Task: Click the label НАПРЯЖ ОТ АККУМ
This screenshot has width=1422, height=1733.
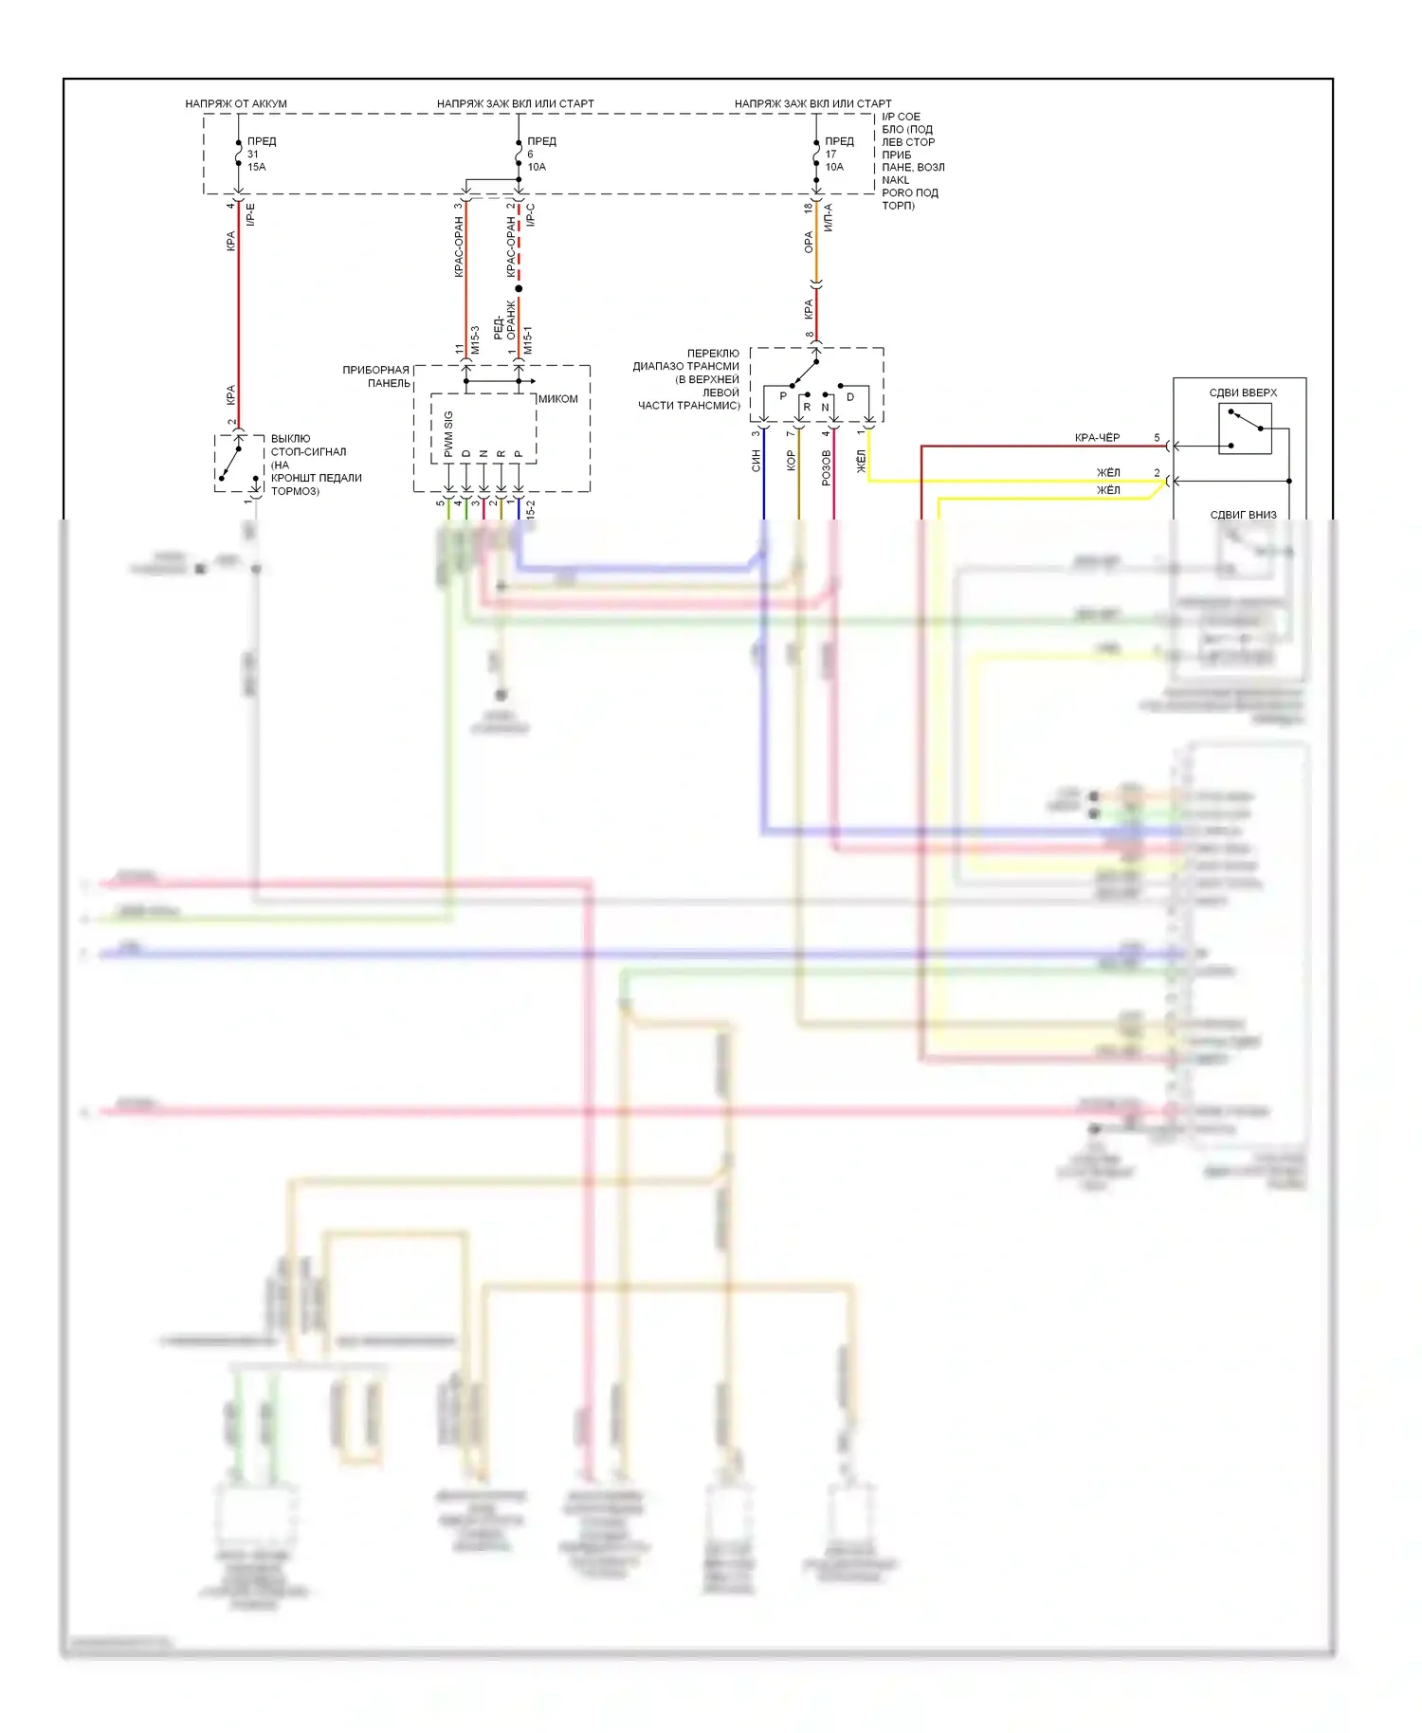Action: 236,103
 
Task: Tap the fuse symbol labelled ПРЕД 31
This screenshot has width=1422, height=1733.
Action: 238,153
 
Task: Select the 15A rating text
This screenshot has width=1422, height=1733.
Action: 257,167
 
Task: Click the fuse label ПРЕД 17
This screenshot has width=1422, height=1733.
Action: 838,147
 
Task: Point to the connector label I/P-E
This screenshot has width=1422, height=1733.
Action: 251,214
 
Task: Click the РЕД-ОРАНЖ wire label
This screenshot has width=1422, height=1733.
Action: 504,320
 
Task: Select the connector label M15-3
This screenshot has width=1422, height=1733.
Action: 475,339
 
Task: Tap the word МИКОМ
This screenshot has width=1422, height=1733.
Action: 557,399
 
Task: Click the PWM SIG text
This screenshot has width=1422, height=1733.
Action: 448,432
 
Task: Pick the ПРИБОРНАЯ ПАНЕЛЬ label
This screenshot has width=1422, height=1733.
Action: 376,376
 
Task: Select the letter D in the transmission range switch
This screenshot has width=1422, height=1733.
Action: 850,397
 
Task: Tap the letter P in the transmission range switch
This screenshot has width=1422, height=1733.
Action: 783,396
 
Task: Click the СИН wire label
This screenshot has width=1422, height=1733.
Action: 756,462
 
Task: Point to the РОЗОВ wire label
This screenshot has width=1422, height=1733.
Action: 826,467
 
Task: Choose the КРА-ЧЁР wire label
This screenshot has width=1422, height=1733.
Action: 1097,438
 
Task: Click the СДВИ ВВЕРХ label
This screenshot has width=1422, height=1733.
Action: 1243,392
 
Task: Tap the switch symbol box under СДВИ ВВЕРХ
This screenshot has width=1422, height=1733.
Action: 1245,429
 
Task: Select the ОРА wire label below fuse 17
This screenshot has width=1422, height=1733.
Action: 809,243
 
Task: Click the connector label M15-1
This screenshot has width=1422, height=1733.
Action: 528,340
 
